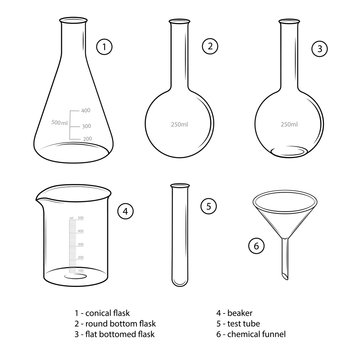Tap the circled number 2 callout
pyautogui.click(x=209, y=46)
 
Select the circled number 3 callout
pyautogui.click(x=319, y=47)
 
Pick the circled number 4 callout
pyautogui.click(x=125, y=211)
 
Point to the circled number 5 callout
pyautogui.click(x=208, y=207)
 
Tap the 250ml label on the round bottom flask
pyautogui.click(x=180, y=124)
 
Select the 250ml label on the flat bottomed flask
pyautogui.click(x=289, y=124)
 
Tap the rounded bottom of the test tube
pyautogui.click(x=180, y=279)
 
